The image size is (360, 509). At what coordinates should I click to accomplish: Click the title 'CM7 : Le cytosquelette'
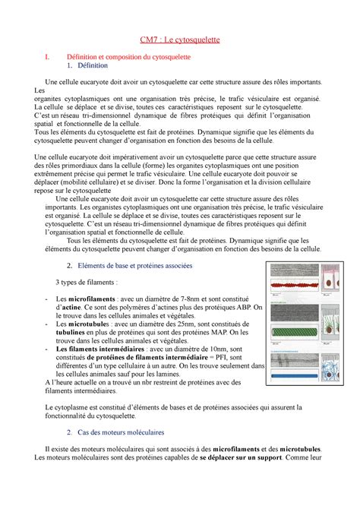(179, 39)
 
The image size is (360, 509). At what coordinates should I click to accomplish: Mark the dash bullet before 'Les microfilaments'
(49, 299)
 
